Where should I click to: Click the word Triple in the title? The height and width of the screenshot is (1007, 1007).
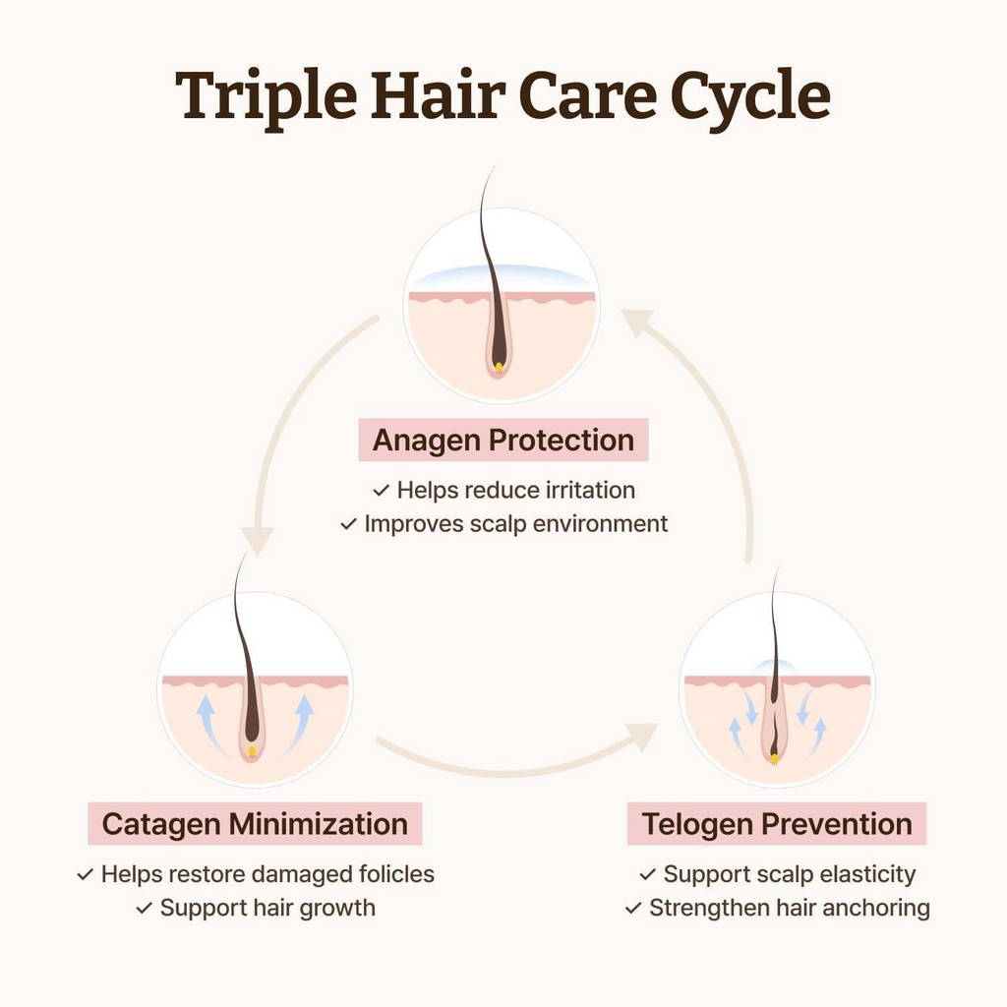[x=266, y=97]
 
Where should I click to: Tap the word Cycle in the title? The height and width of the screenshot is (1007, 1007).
[x=750, y=97]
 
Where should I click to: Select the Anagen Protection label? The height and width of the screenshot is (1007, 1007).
[x=503, y=440]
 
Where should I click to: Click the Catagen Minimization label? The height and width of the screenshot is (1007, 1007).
[x=255, y=823]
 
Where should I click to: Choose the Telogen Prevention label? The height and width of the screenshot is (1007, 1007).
[x=777, y=823]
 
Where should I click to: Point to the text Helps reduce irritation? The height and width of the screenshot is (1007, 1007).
[x=515, y=490]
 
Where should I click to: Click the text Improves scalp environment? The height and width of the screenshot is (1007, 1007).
[x=515, y=523]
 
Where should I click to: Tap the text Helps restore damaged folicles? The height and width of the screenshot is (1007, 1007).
[x=267, y=874]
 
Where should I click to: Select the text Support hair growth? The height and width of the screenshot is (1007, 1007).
[x=267, y=908]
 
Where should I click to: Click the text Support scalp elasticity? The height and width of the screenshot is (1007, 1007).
[x=790, y=874]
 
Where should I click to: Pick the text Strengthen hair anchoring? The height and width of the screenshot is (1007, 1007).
[x=790, y=908]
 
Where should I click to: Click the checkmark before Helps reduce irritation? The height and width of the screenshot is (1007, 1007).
[x=381, y=491]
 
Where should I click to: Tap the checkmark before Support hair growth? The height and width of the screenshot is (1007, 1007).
[x=145, y=908]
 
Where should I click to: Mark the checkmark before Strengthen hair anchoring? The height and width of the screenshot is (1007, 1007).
[x=633, y=908]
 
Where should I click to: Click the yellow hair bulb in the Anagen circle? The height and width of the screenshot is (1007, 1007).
[x=499, y=368]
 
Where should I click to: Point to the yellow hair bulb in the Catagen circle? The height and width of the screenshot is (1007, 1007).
[x=252, y=750]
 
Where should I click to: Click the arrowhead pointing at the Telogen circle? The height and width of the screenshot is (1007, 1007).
[x=642, y=737]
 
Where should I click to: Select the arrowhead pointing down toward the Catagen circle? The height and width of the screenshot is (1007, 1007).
[x=258, y=541]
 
